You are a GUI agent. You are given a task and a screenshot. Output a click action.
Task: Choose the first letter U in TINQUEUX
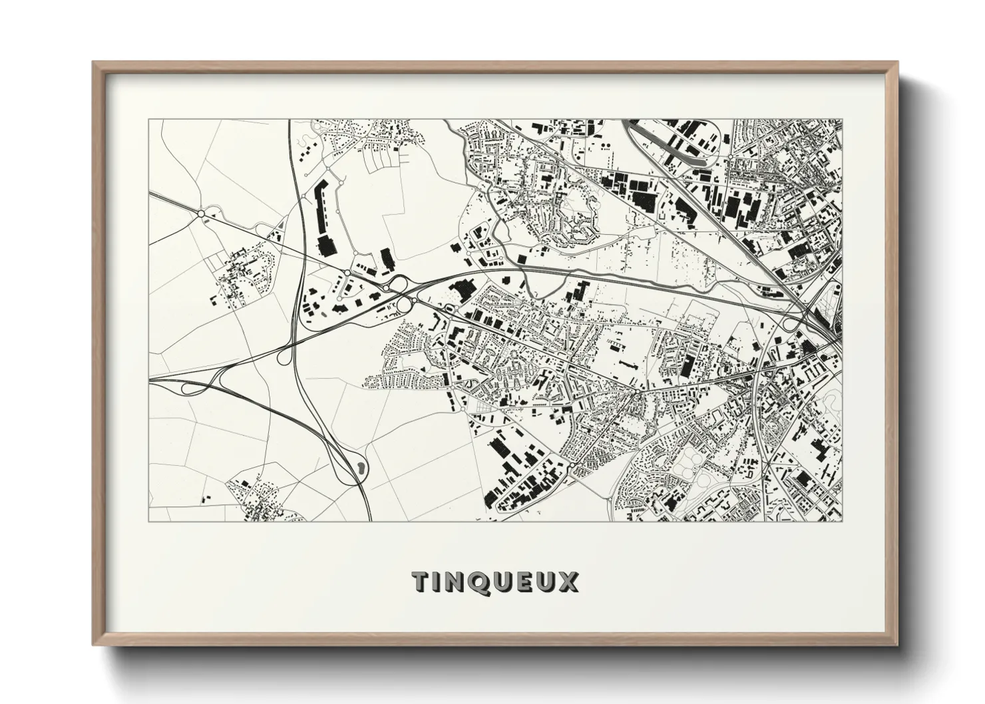click(506, 582)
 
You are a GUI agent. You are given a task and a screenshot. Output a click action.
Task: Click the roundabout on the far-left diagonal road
click(200, 214)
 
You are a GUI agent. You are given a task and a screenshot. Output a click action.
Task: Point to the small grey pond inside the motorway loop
click(360, 467)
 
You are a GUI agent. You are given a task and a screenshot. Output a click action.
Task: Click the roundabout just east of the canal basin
click(731, 157)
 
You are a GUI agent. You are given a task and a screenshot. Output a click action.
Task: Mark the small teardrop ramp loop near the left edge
click(186, 389)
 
